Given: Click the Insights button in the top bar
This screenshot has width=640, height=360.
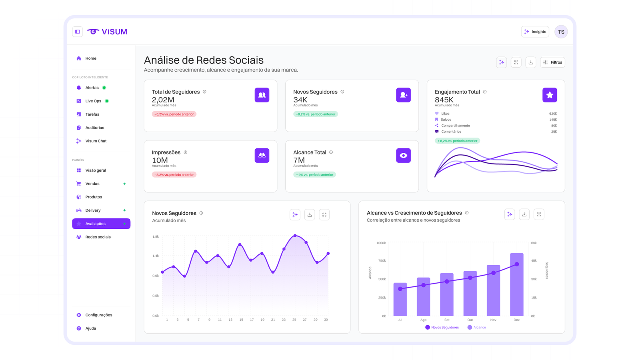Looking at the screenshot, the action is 535,32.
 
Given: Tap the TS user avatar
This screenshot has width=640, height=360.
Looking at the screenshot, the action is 561,32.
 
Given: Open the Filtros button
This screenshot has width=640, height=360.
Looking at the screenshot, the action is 552,62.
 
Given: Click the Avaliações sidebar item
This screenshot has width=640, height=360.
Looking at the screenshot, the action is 101,224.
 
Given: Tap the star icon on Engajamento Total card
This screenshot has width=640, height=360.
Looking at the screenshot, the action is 550,95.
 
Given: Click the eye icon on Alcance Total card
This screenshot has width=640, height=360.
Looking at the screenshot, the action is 404,156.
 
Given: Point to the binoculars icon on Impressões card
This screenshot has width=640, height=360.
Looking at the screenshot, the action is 262,156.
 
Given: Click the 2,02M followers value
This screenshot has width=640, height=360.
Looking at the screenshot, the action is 163,100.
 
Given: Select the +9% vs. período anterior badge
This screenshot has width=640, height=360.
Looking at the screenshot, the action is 314,174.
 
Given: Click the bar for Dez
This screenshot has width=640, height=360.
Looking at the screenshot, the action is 516,284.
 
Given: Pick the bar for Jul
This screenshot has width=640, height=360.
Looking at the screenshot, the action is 400,300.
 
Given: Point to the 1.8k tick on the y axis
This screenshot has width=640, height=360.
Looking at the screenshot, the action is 156,236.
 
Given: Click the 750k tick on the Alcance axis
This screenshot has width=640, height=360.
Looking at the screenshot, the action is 382,260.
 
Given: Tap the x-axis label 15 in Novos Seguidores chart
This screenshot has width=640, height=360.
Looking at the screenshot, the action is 241,320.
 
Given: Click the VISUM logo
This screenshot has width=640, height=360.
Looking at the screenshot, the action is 107,32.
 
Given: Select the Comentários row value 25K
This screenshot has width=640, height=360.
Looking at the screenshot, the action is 554,132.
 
